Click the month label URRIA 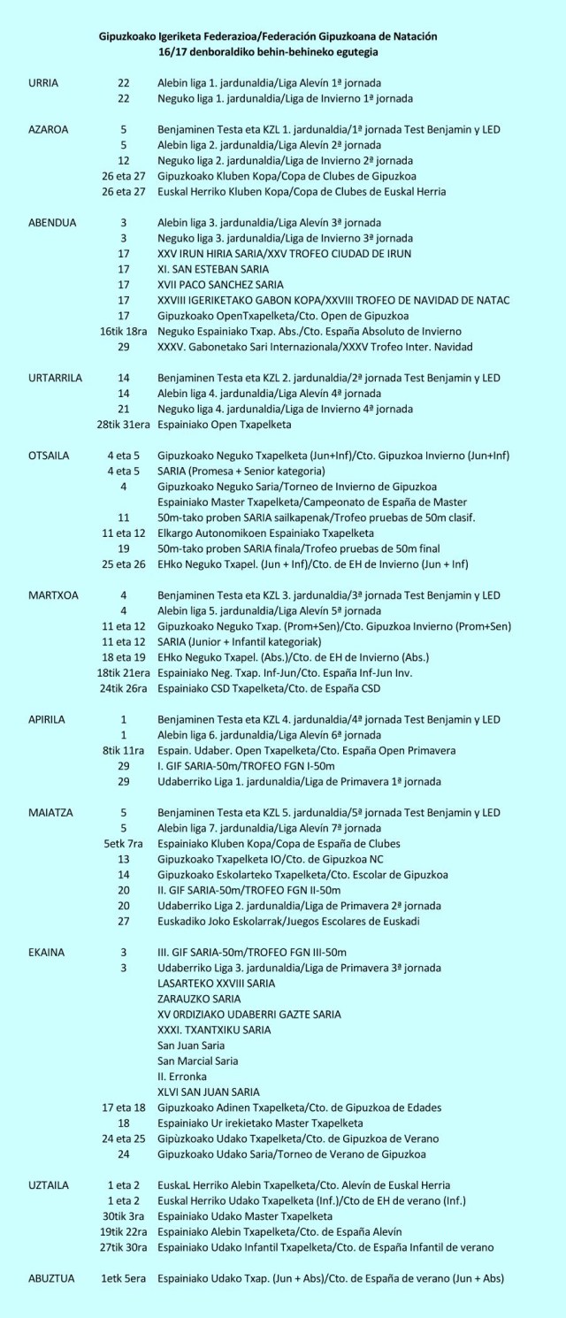tap(43, 83)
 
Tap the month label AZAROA tap(48, 129)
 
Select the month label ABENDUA tap(51, 222)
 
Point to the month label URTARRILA tap(55, 377)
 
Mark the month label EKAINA tap(46, 952)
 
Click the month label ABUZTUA tap(51, 1278)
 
